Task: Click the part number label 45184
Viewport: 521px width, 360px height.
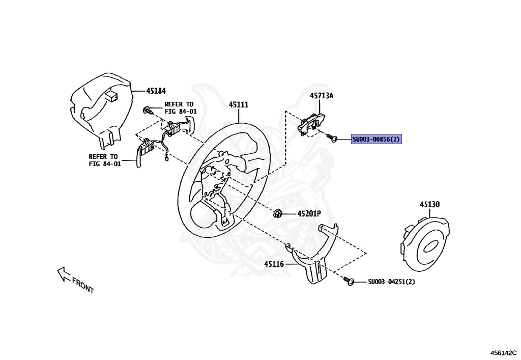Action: pyautogui.click(x=156, y=91)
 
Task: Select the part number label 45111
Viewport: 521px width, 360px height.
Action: pyautogui.click(x=238, y=104)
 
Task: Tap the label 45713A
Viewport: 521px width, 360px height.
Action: pyautogui.click(x=322, y=95)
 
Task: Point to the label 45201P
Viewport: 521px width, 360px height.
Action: pyautogui.click(x=309, y=214)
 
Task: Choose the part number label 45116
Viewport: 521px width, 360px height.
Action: pyautogui.click(x=274, y=264)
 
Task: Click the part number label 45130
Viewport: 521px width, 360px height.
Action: pyautogui.click(x=429, y=204)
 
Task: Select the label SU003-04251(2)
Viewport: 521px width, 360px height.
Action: pyautogui.click(x=391, y=282)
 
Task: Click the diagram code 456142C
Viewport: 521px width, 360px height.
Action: pyautogui.click(x=503, y=352)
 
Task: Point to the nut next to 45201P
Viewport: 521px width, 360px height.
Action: pyautogui.click(x=278, y=214)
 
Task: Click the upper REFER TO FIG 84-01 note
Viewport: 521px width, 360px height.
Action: pyautogui.click(x=180, y=108)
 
